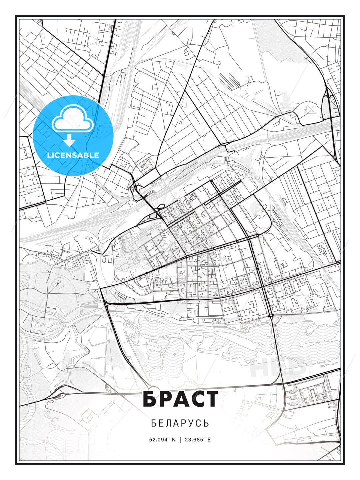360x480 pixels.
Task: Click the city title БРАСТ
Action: [x=180, y=399]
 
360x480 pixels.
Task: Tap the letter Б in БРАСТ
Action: [x=150, y=399]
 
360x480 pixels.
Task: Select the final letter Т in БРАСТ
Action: [x=210, y=399]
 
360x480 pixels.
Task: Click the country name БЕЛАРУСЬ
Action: [x=180, y=423]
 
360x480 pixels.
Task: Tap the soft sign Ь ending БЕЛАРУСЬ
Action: [x=207, y=423]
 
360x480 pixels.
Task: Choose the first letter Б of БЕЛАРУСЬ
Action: [x=153, y=423]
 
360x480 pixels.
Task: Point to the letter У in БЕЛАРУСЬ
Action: [x=191, y=423]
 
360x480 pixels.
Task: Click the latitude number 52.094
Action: [x=160, y=440]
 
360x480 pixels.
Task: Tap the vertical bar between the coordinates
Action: [x=180, y=440]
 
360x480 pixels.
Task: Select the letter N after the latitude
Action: [x=173, y=440]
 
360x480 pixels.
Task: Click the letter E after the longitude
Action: [x=209, y=440]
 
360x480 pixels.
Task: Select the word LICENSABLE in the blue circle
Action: [x=73, y=155]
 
